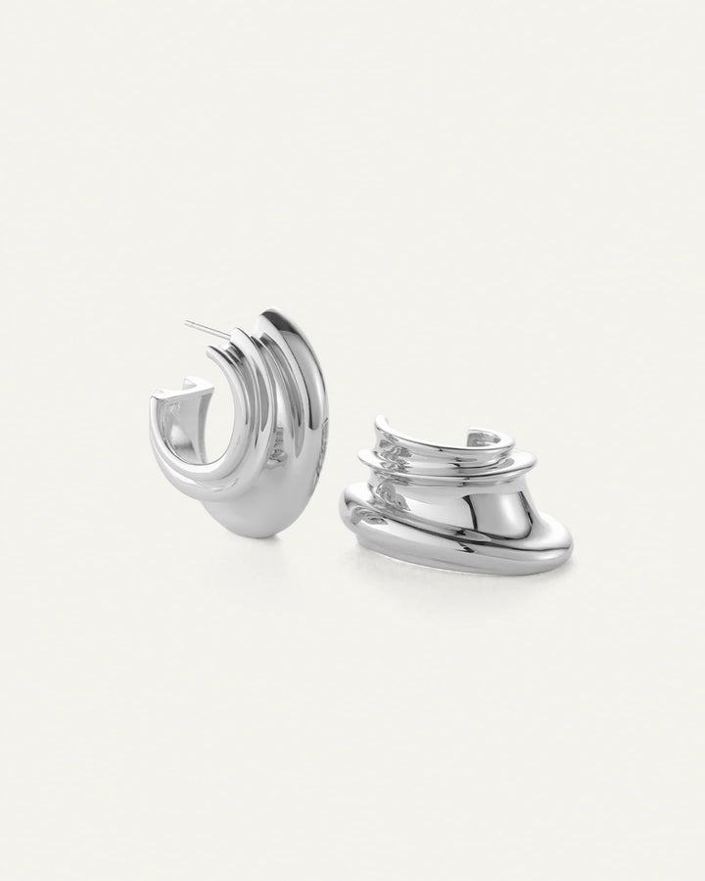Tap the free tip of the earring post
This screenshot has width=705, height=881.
185,321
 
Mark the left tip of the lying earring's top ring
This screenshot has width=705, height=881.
377,423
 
